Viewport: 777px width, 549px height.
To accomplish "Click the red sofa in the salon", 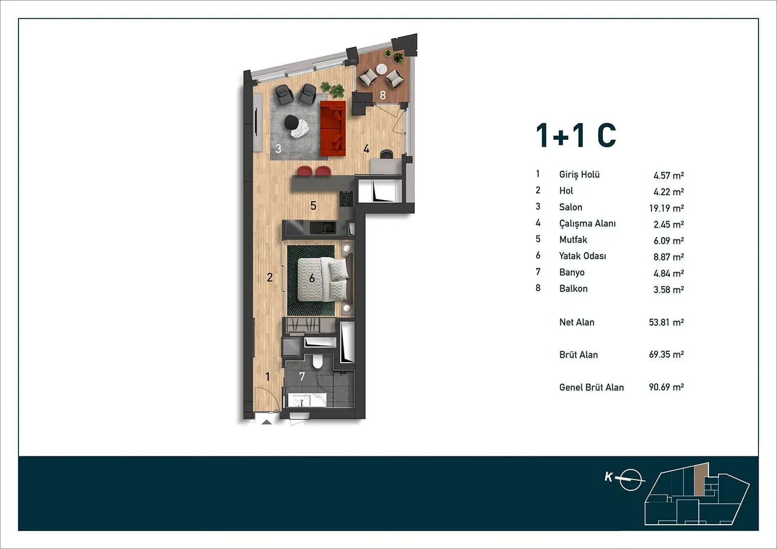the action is point(333,128).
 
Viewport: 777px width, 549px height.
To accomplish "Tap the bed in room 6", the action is point(322,279).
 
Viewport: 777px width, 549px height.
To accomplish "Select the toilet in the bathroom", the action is point(318,361).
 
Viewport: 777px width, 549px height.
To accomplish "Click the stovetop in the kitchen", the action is point(346,199).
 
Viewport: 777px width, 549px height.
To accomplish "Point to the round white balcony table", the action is point(382,69).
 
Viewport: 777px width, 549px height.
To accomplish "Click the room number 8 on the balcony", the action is point(383,95).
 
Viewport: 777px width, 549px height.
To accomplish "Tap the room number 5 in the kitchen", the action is point(313,206).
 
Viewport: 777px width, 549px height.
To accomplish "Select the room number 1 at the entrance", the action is point(268,376).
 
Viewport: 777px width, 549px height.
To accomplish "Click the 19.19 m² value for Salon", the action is point(666,208).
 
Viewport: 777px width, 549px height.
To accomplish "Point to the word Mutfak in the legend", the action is point(573,240).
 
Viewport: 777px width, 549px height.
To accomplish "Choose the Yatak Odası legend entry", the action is point(582,256).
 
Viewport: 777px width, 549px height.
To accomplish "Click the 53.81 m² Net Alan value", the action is point(666,322).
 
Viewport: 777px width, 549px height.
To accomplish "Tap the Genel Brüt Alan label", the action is point(591,387).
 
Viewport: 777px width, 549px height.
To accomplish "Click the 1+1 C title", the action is point(576,135).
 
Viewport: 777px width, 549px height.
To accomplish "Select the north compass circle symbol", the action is point(630,480).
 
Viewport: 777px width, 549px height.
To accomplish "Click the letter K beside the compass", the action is point(608,477).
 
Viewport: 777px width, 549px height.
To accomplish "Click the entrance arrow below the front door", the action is point(267,422).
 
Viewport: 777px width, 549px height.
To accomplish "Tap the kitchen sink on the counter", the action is point(322,228).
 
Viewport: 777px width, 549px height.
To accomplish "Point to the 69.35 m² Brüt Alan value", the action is point(666,354).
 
